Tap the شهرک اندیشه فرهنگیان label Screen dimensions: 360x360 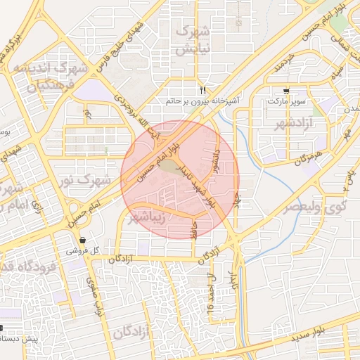(x=49, y=77)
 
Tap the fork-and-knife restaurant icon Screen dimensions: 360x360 (x=202, y=90)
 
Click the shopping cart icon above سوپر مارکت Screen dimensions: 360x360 (x=286, y=91)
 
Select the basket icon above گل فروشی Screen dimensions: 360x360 (x=83, y=240)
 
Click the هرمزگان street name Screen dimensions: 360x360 (x=308, y=159)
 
